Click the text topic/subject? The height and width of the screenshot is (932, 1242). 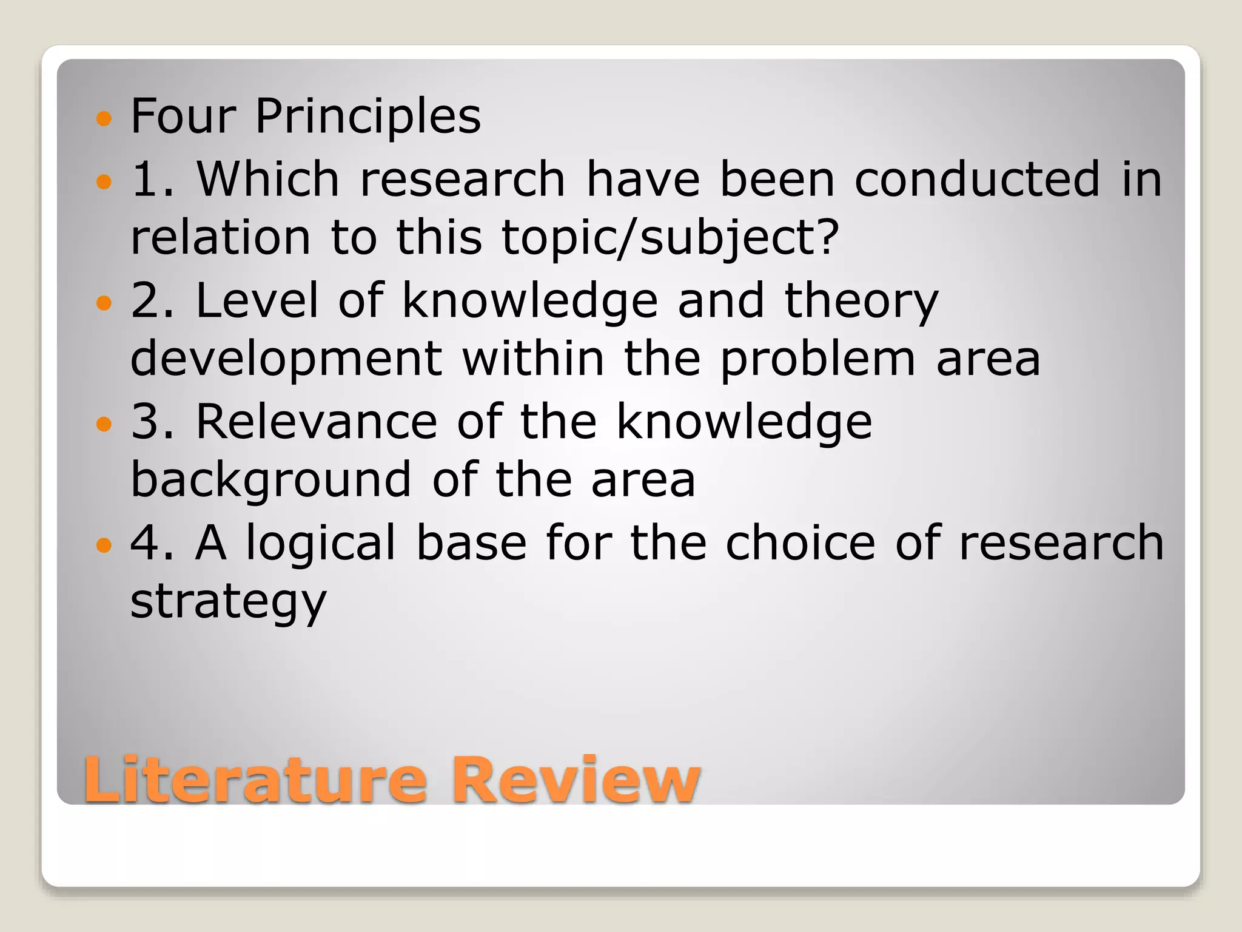(670, 237)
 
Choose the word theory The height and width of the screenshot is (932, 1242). (861, 301)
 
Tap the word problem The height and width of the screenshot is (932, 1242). (817, 360)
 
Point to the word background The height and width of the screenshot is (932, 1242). (271, 480)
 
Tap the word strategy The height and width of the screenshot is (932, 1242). (229, 602)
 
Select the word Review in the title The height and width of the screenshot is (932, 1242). (576, 780)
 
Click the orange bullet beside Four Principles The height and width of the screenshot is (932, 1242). (104, 118)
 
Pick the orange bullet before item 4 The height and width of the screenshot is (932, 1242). (104, 545)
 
